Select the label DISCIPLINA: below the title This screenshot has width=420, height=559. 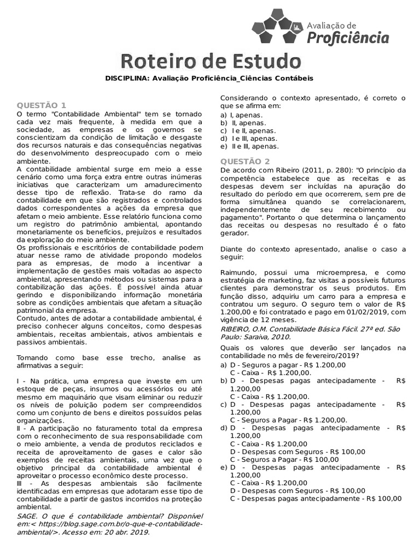point(126,78)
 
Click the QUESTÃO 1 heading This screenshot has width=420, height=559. point(42,105)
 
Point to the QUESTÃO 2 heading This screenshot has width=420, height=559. point(244,161)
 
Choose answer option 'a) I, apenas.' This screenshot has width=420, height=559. point(241,115)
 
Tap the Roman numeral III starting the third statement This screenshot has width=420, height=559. point(22,484)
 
